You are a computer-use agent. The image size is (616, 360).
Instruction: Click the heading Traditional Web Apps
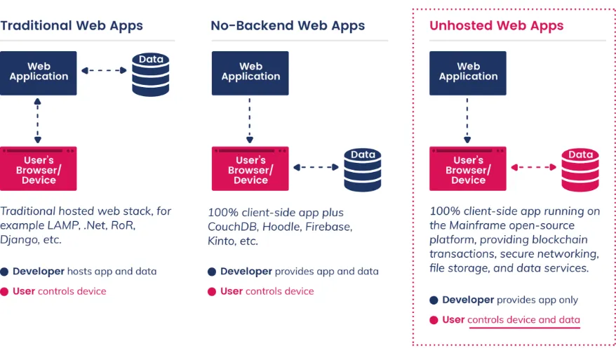coord(72,25)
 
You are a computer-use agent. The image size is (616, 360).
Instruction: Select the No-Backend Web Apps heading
coord(288,25)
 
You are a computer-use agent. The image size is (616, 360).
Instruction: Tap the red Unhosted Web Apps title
coord(496,25)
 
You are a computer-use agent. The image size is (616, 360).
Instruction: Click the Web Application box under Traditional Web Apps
coord(39,73)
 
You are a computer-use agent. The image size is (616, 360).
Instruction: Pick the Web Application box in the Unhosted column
coord(467,73)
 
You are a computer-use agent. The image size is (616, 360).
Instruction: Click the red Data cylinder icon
coord(580,170)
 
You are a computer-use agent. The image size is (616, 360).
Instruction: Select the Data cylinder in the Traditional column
coord(150,74)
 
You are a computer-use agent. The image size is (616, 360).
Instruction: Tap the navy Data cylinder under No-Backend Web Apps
coord(363,170)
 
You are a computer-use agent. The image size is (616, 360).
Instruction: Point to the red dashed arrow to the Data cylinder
coord(533,168)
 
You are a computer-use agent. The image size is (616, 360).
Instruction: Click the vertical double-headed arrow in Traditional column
coord(38,121)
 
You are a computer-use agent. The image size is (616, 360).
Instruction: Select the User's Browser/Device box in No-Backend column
coord(250,168)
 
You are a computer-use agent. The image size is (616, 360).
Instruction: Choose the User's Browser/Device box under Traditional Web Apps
coord(39,168)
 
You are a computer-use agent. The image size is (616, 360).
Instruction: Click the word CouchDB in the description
coord(233,227)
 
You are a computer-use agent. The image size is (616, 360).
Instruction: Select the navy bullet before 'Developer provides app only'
coord(434,300)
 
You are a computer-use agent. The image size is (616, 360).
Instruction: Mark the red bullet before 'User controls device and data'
coord(434,320)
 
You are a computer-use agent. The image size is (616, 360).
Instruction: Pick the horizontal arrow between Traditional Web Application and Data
coord(104,71)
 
